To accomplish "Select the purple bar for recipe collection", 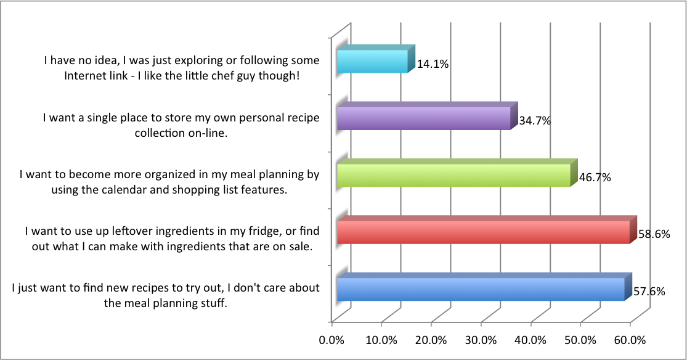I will pyautogui.click(x=423, y=118).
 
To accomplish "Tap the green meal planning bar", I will pyautogui.click(x=453, y=175).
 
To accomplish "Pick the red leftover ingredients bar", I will pyautogui.click(x=483, y=232).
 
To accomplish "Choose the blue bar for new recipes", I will pyautogui.click(x=481, y=289).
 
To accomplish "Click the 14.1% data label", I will pyautogui.click(x=433, y=63).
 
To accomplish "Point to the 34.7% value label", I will pyautogui.click(x=535, y=121).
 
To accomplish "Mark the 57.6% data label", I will pyautogui.click(x=649, y=292).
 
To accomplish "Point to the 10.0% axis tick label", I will pyautogui.click(x=382, y=340).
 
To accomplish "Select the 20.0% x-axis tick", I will pyautogui.click(x=431, y=340).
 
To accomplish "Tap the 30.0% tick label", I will pyautogui.click(x=481, y=340).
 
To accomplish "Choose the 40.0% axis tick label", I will pyautogui.click(x=530, y=340).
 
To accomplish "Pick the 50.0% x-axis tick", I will pyautogui.click(x=580, y=340).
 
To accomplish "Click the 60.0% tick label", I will pyautogui.click(x=630, y=340).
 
